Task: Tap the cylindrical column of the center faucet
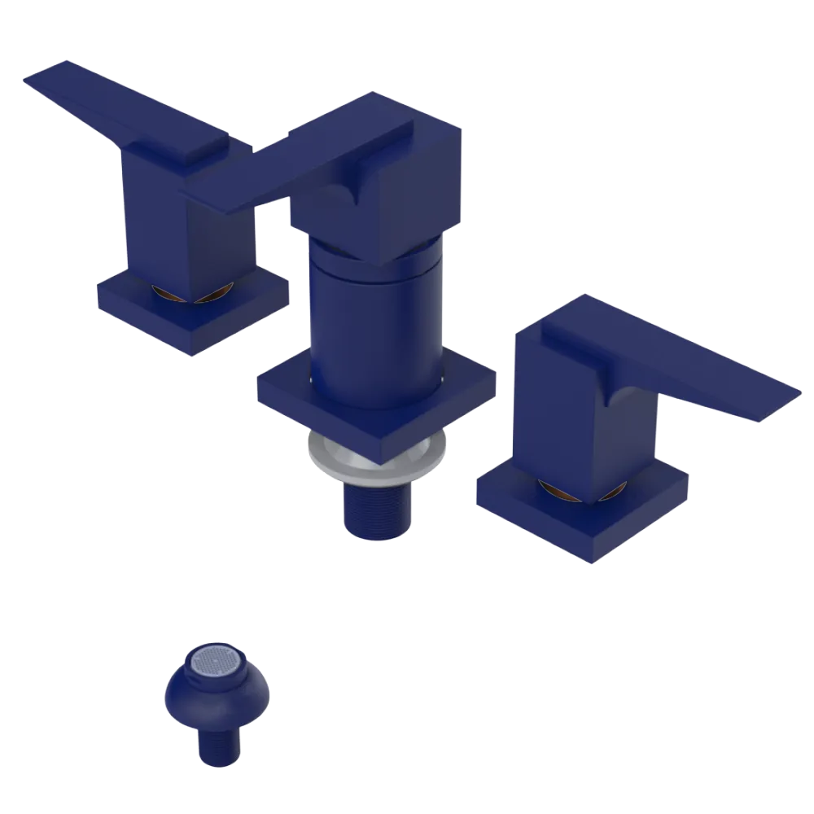pos(374,326)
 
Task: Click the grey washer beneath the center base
pos(326,460)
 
